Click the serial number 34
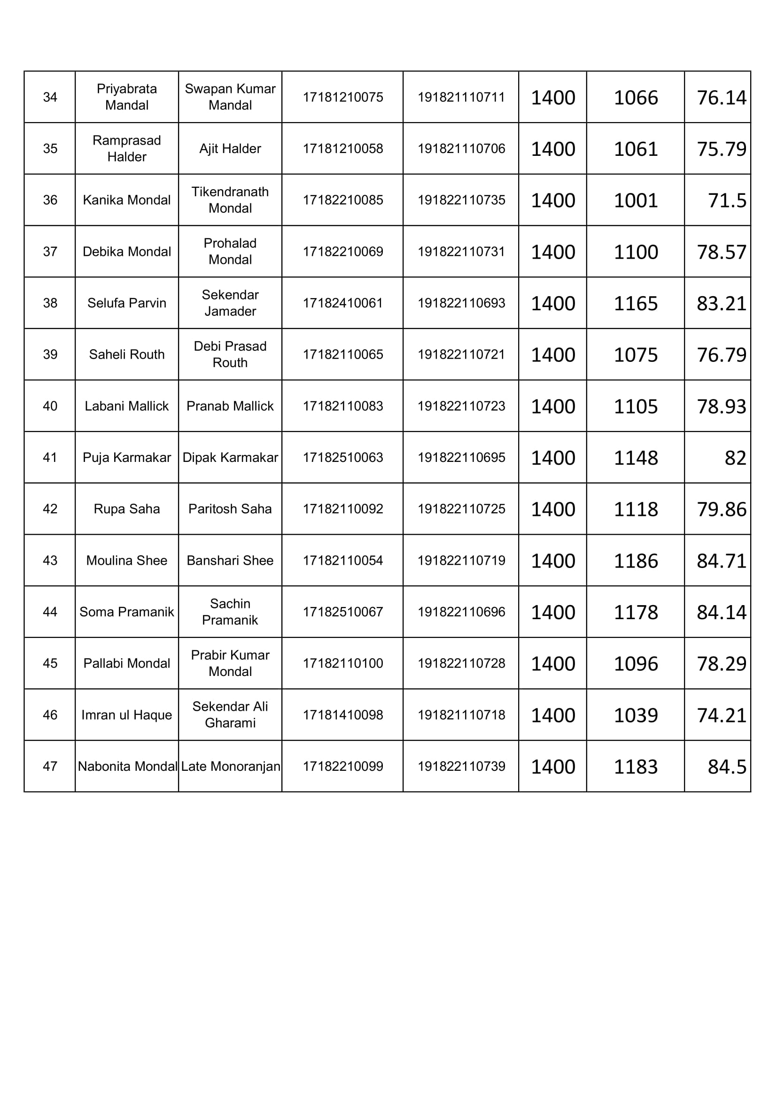pos(50,97)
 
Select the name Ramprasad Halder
pos(126,148)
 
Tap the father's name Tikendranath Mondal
pos(230,200)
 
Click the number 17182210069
pos(342,252)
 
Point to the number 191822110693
pos(461,303)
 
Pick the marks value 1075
pos(636,355)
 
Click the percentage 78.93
pos(721,407)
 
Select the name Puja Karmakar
pos(126,458)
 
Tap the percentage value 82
pos(735,458)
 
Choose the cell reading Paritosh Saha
pos(230,509)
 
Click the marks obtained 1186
pos(636,561)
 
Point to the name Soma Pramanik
pos(126,612)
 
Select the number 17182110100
pos(342,663)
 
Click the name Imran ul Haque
pos(126,715)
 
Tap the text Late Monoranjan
pos(230,767)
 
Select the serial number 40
pos(50,406)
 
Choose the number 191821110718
pos(461,715)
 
